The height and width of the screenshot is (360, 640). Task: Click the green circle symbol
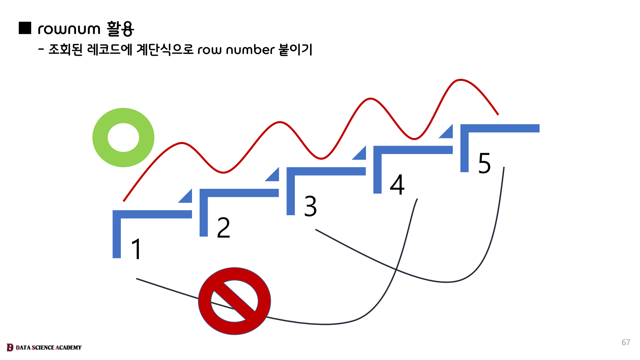click(123, 137)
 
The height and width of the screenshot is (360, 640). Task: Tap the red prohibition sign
click(234, 301)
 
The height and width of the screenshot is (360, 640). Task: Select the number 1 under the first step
click(136, 249)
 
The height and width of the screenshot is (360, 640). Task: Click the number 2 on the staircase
click(224, 228)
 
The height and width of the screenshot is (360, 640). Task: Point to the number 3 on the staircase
click(310, 206)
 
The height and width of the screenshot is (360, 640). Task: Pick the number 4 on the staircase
click(397, 185)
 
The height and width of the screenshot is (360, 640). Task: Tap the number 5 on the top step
click(484, 163)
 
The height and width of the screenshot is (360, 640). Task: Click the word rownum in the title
click(69, 29)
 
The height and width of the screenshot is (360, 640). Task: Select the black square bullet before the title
click(25, 28)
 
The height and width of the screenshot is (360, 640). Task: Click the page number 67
click(626, 342)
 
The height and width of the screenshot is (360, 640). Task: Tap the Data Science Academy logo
click(44, 347)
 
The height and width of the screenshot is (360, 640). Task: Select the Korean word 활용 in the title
click(120, 29)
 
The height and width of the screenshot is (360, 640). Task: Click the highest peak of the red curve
click(461, 80)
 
